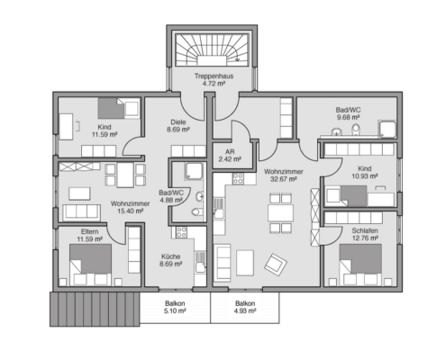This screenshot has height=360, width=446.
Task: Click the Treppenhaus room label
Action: [x=214, y=76]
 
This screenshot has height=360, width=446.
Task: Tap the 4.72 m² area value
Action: [x=214, y=84]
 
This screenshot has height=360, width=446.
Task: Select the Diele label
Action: [x=178, y=122]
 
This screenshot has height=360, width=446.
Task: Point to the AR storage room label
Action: [x=230, y=152]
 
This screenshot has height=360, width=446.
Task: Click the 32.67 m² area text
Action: [x=284, y=179]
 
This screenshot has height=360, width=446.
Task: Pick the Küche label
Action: [x=170, y=256]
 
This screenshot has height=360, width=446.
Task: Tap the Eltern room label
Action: [x=89, y=231]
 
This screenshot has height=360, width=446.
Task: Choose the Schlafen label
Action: [x=365, y=230]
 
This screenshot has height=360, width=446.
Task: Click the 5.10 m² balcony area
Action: [x=175, y=310]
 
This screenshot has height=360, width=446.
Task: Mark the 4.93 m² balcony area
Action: [x=245, y=310]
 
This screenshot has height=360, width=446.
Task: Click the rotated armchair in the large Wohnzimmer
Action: [x=276, y=265]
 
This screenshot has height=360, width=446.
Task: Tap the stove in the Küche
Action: [x=181, y=232]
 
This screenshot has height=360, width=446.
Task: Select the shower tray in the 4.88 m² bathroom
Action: [x=194, y=171]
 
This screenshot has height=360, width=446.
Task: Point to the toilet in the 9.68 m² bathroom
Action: [x=356, y=130]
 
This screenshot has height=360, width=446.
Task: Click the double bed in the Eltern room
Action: [x=90, y=265]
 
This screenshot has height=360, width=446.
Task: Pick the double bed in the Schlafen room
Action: [x=360, y=265]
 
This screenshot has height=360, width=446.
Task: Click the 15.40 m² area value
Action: [x=130, y=211]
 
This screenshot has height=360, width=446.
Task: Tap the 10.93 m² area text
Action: [x=364, y=176]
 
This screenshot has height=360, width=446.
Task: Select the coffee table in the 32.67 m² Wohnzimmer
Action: [x=245, y=263]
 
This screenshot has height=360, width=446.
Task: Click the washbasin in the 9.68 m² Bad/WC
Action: [x=336, y=131]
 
